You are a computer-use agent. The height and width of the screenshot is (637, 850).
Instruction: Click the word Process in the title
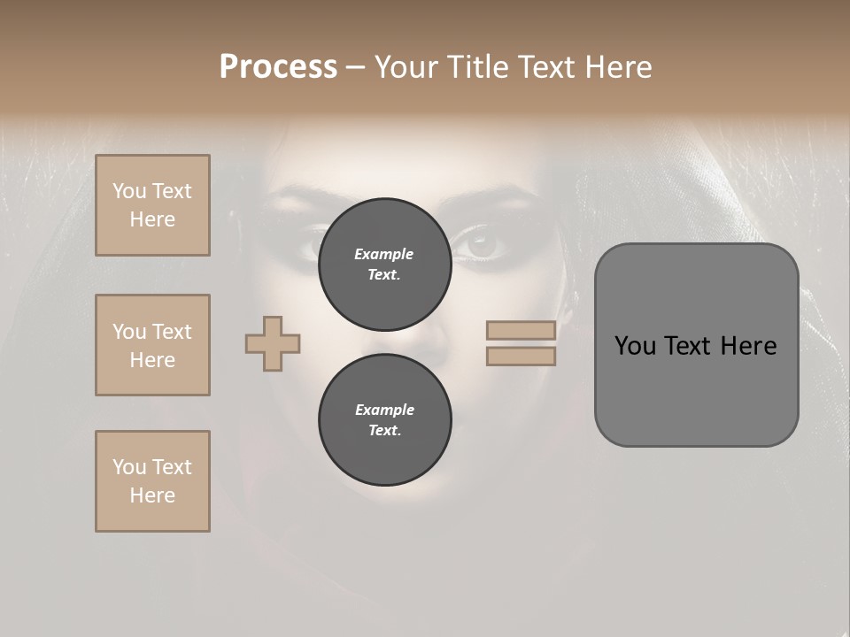pyautogui.click(x=278, y=67)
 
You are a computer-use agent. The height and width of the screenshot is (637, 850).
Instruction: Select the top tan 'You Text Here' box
pyautogui.click(x=152, y=205)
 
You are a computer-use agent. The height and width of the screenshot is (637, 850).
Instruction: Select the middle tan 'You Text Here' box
pyautogui.click(x=152, y=345)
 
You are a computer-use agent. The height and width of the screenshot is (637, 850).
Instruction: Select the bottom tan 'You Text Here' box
pyautogui.click(x=152, y=481)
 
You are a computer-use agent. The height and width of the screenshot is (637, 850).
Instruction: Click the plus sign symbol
pyautogui.click(x=273, y=343)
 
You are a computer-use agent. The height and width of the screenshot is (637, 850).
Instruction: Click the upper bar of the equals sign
pyautogui.click(x=521, y=331)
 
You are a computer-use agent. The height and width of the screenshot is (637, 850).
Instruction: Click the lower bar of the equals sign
pyautogui.click(x=521, y=356)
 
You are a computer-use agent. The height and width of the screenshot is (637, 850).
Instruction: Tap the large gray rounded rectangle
pyautogui.click(x=696, y=389)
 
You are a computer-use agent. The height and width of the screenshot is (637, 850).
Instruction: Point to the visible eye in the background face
pyautogui.click(x=483, y=245)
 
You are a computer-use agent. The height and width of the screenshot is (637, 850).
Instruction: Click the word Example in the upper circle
pyautogui.click(x=383, y=254)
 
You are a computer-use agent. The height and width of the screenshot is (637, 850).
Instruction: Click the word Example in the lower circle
pyautogui.click(x=384, y=410)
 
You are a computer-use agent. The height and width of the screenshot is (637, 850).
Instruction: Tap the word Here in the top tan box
pyautogui.click(x=152, y=219)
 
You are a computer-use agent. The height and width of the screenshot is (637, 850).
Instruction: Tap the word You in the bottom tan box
pyautogui.click(x=129, y=467)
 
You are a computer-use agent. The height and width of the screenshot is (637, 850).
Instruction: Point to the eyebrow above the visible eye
pyautogui.click(x=496, y=205)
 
